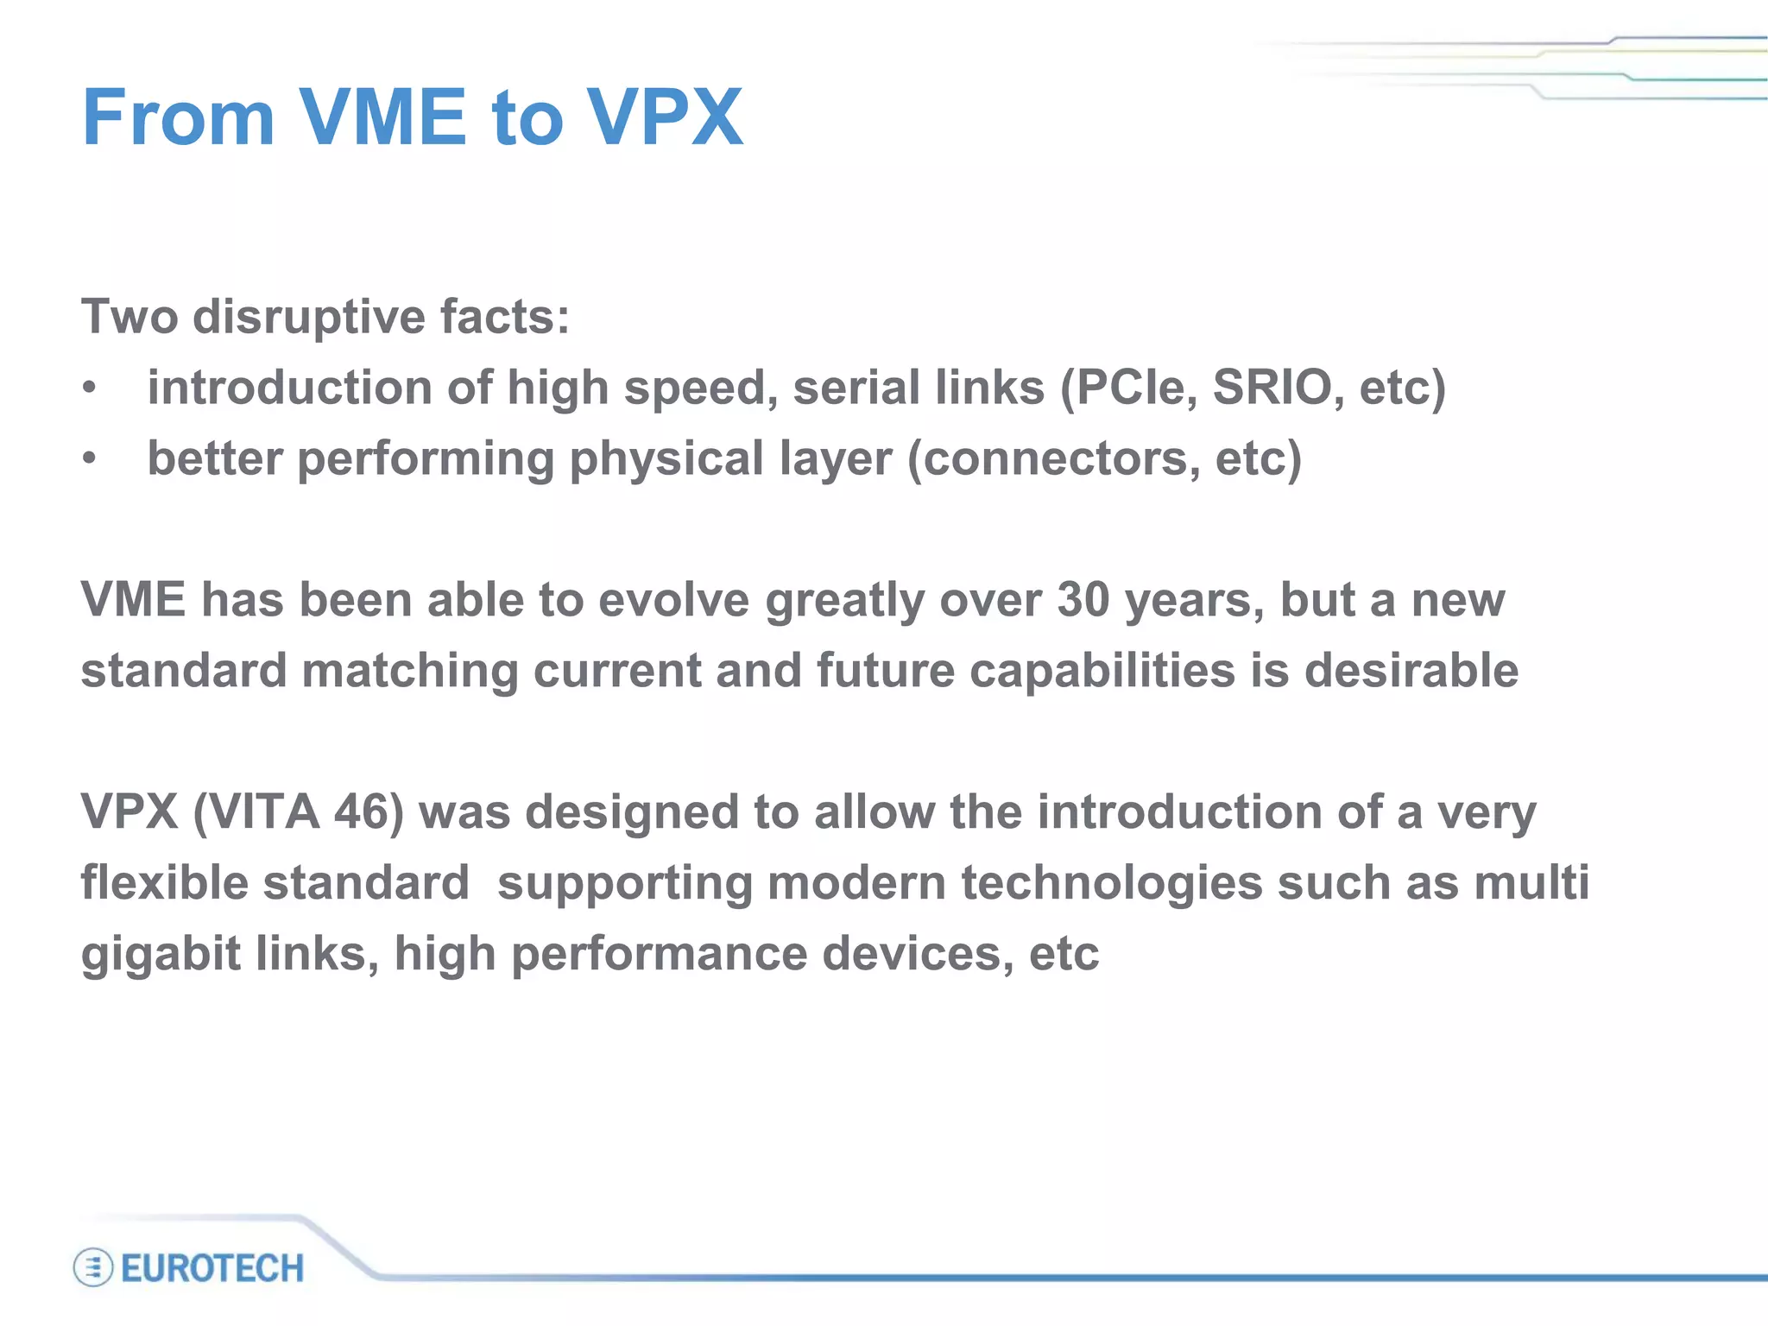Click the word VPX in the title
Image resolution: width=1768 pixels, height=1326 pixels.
click(x=665, y=117)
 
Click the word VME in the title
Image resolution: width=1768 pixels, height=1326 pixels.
click(x=382, y=117)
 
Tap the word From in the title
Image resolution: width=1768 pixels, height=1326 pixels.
click(x=178, y=117)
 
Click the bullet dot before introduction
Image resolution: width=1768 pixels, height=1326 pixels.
click(x=89, y=388)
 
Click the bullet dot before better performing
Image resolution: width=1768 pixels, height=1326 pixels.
click(x=89, y=458)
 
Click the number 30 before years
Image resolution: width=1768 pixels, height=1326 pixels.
click(x=1083, y=599)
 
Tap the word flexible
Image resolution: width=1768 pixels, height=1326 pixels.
click(x=164, y=882)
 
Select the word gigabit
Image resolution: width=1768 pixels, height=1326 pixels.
click(x=161, y=955)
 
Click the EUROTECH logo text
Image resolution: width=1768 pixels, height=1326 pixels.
click(x=212, y=1268)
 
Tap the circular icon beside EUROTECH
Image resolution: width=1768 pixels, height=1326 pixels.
click(x=93, y=1268)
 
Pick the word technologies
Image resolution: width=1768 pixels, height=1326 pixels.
click(x=1112, y=882)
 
